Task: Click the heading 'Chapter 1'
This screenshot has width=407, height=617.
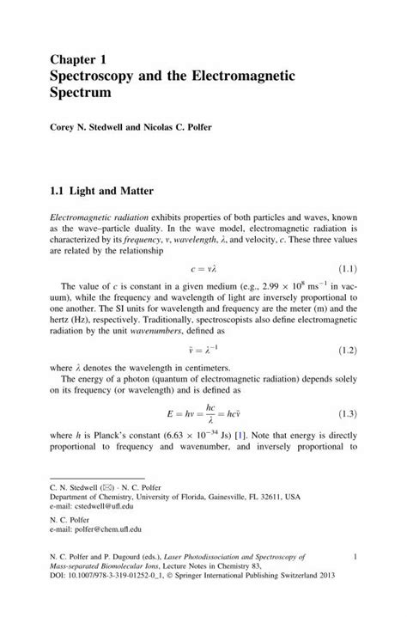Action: pos(80,59)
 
